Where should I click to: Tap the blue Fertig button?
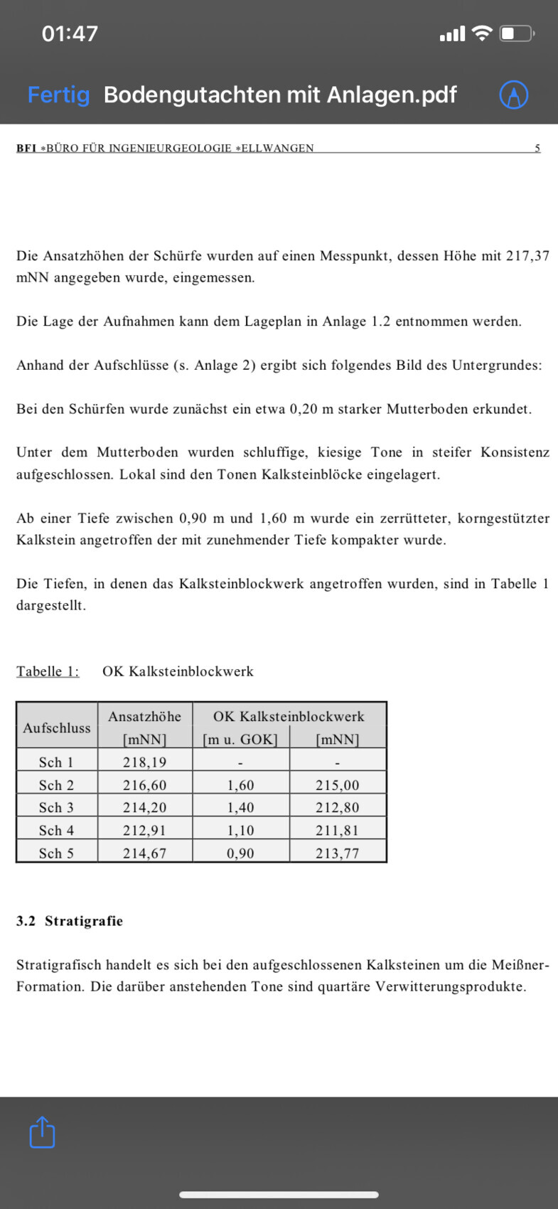coord(58,95)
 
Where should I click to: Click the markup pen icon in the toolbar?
coord(513,95)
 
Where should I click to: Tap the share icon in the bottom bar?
coord(42,1131)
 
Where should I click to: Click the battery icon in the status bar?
coord(517,33)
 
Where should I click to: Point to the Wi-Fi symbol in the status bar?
coord(482,33)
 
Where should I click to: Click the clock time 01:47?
coord(70,33)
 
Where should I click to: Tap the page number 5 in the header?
coord(537,148)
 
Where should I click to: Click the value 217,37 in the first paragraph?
coord(527,256)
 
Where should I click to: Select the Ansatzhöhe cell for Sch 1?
coord(144,762)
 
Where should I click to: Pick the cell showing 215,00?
coord(338,785)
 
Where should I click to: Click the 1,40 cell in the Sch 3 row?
coord(240,808)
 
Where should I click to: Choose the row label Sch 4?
coord(56,831)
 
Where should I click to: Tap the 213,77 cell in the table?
coord(338,853)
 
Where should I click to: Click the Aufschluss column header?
coord(57,728)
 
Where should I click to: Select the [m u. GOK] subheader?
coord(240,739)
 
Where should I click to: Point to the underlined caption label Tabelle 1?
coord(48,671)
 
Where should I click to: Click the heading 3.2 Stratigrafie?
coord(70,921)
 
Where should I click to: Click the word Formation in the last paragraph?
coord(49,987)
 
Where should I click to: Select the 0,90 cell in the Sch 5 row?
coord(240,853)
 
